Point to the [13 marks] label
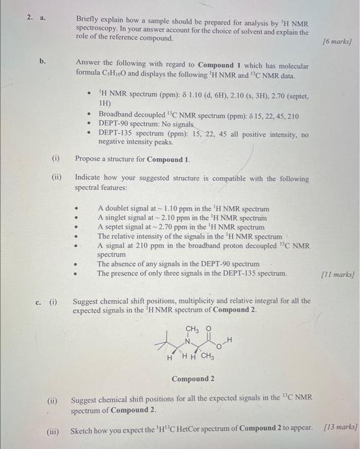pyautogui.click(x=341, y=428)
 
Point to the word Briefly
pyautogui.click(x=89, y=23)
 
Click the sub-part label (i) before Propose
pyautogui.click(x=56, y=158)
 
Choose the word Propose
pyautogui.click(x=90, y=158)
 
